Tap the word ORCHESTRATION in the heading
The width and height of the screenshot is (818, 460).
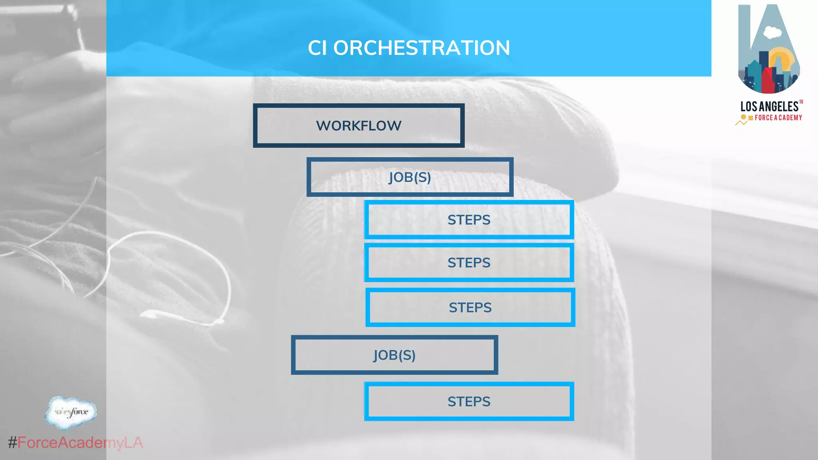(421, 48)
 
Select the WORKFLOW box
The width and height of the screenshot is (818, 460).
(359, 126)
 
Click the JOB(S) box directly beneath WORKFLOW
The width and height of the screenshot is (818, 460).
(410, 177)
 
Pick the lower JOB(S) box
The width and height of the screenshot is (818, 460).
(395, 355)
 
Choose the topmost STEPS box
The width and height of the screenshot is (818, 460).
(469, 220)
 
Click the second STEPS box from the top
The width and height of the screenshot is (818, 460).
(469, 262)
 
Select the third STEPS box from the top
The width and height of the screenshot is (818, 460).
(470, 307)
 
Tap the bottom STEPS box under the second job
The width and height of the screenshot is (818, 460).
(469, 401)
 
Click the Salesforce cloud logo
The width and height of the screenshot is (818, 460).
(71, 412)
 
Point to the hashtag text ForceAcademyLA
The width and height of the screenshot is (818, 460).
(80, 442)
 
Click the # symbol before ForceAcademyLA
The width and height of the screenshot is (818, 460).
(12, 442)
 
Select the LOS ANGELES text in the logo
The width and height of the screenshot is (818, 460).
(769, 107)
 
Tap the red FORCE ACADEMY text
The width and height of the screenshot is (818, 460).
(778, 118)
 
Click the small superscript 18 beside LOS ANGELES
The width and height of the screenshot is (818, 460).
(801, 102)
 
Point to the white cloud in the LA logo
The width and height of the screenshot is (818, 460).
(772, 32)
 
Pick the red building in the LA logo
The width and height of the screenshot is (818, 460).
(768, 80)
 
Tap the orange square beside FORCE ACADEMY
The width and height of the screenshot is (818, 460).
(750, 118)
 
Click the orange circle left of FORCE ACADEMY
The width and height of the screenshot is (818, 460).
(743, 117)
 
